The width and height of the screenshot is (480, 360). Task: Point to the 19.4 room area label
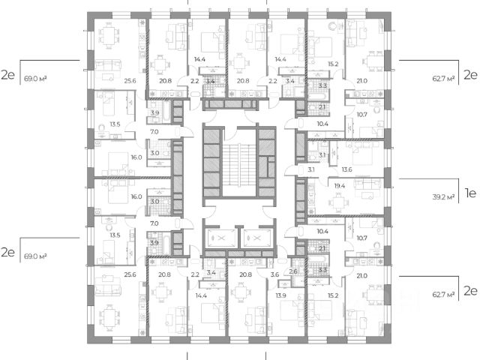point(340,184)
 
